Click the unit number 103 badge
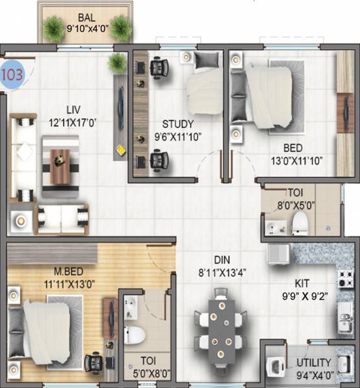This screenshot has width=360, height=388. click(13, 73)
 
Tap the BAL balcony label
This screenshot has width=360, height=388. click(85, 17)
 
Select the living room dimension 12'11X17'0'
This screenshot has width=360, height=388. click(72, 121)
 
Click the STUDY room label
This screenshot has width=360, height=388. click(178, 124)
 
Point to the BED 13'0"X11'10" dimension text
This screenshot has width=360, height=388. click(297, 160)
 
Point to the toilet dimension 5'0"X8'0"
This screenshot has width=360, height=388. click(148, 373)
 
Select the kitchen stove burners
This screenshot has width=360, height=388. click(345, 279)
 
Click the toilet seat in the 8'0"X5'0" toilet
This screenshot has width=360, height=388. click(299, 222)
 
